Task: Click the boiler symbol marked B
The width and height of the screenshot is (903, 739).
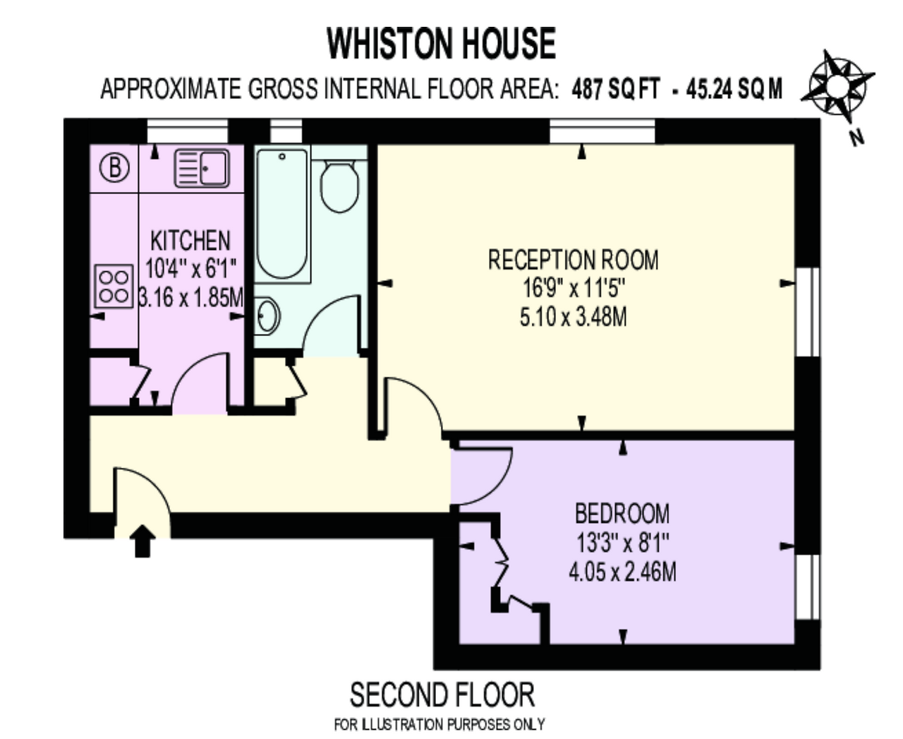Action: tap(114, 167)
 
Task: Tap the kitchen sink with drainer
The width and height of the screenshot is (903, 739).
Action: tap(202, 169)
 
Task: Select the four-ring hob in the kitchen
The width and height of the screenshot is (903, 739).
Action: tap(114, 286)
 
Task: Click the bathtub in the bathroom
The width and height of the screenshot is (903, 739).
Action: tap(282, 214)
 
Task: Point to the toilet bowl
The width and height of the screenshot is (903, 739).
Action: tap(339, 186)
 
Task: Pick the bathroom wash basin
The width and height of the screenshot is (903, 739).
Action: tap(267, 316)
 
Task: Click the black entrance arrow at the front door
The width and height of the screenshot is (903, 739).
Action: tap(143, 541)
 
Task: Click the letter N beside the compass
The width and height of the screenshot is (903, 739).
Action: tap(856, 138)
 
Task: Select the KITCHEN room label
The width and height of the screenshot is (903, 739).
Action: tap(190, 241)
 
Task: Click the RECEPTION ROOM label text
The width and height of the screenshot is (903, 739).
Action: tap(574, 260)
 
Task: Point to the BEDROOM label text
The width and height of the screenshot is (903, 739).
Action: tap(622, 514)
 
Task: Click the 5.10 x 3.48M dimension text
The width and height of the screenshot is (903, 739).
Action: tap(574, 318)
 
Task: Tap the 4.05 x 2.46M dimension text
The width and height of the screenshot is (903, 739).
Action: tap(622, 572)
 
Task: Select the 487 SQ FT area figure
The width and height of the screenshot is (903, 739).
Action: tap(616, 89)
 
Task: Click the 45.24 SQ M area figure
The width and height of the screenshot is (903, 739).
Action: tap(734, 89)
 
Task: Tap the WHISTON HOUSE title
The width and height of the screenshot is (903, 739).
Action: tap(442, 43)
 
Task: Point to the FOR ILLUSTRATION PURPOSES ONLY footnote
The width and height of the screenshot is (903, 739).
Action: tap(440, 724)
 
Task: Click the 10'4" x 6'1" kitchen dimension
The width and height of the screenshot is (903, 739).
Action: tap(191, 269)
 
